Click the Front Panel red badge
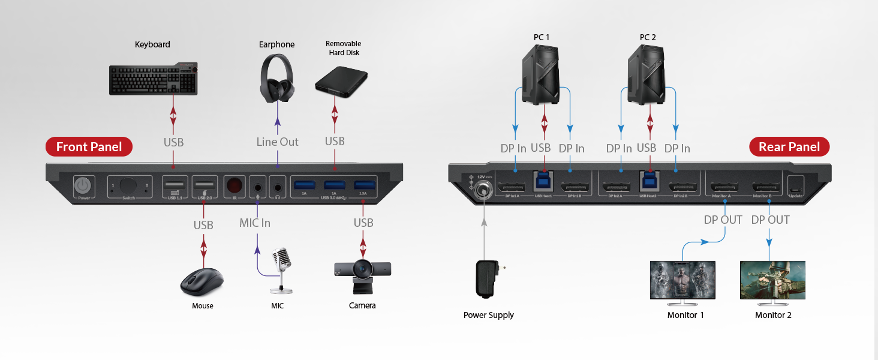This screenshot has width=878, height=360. click(x=89, y=147)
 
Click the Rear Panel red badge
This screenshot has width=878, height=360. click(x=789, y=147)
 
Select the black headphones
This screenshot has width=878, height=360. click(x=277, y=78)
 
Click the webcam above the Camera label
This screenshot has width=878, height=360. click(x=363, y=274)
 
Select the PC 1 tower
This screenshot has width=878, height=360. click(x=542, y=74)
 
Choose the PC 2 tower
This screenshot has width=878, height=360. click(x=648, y=74)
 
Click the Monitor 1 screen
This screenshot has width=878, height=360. click(x=682, y=280)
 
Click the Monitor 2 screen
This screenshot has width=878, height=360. click(x=772, y=280)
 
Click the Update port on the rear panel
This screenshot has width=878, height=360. click(x=796, y=185)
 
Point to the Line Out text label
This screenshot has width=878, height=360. click(x=277, y=142)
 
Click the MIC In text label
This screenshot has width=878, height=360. click(x=255, y=223)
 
